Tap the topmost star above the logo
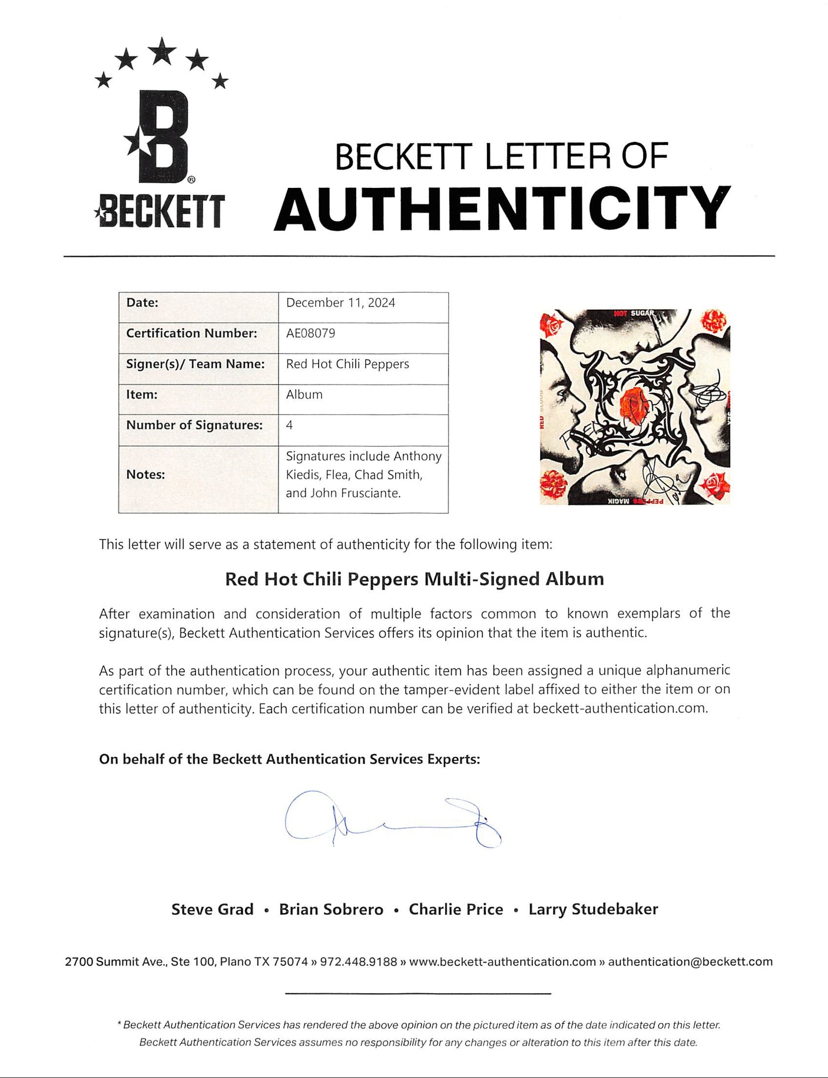coord(161,51)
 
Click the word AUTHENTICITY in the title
coord(502,209)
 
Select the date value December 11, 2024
coord(340,303)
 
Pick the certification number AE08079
coord(310,333)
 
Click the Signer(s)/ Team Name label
coord(195,364)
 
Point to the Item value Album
coord(304,395)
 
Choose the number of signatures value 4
coord(289,425)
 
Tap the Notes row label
coord(145,475)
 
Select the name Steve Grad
coord(212,910)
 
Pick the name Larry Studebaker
coord(593,910)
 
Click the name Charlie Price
coord(456,910)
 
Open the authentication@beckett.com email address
coord(690,962)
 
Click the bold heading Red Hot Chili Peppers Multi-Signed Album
coord(415,579)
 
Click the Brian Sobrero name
coord(331,910)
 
